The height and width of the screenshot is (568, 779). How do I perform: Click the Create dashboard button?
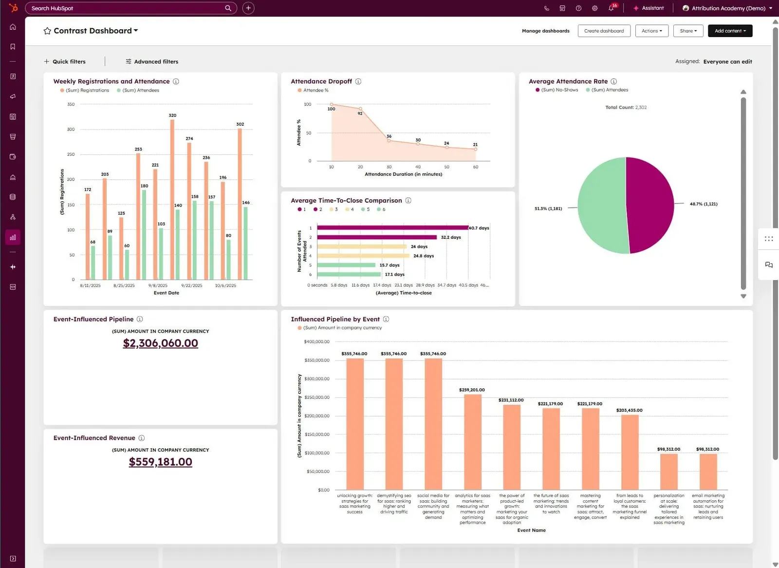(604, 31)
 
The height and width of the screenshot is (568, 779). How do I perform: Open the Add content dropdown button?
(730, 31)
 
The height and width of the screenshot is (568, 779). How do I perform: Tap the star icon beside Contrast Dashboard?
(47, 31)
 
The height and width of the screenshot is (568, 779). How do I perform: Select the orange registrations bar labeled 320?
(172, 200)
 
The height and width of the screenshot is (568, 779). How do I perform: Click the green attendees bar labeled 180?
(144, 234)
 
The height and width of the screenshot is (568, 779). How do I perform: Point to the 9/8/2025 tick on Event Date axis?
(158, 285)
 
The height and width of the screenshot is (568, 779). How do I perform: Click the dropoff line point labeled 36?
(389, 141)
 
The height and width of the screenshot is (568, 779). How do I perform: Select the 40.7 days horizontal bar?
(392, 227)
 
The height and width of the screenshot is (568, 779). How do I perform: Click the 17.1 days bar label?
(394, 274)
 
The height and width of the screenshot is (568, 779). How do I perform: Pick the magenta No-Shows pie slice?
(650, 205)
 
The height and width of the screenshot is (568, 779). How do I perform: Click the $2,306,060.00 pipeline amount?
(160, 343)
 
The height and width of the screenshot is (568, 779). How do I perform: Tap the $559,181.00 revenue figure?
(160, 462)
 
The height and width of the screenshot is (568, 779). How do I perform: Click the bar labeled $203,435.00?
(630, 452)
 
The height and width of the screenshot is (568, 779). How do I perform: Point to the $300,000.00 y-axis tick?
(317, 379)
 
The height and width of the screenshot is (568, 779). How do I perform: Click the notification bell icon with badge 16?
(611, 8)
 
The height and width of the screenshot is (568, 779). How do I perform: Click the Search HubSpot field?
(127, 8)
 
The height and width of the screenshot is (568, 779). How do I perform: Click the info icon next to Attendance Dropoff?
(358, 81)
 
